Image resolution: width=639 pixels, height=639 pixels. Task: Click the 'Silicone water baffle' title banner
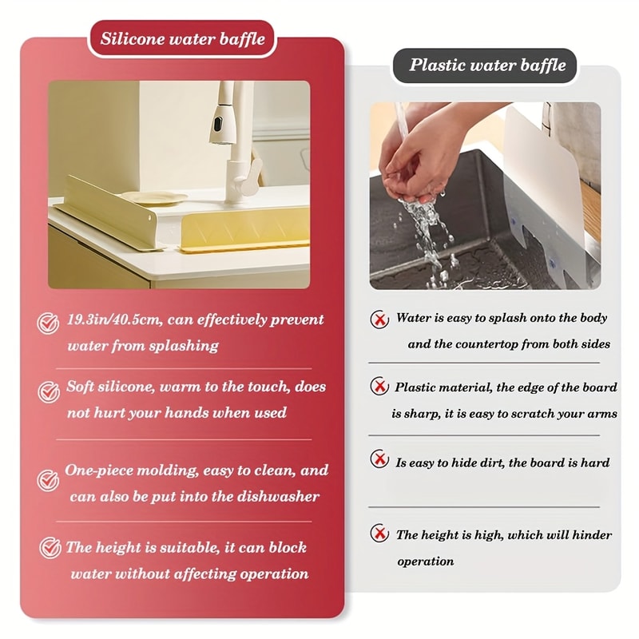(x=182, y=38)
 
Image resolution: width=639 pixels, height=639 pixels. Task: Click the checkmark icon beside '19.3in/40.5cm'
(x=48, y=323)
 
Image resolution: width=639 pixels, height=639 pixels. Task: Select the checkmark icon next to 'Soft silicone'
(x=48, y=391)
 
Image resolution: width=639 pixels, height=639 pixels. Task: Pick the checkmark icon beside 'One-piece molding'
(x=48, y=480)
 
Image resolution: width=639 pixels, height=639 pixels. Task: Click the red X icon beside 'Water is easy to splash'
(x=379, y=319)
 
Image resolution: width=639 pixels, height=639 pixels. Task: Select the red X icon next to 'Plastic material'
(x=379, y=387)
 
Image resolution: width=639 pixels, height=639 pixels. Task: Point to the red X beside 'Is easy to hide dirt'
(x=379, y=459)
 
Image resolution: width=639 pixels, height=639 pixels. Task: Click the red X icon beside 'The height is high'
(x=379, y=534)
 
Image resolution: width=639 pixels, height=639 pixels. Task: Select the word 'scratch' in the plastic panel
(x=526, y=415)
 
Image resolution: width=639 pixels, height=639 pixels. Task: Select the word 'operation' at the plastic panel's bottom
(x=425, y=562)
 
